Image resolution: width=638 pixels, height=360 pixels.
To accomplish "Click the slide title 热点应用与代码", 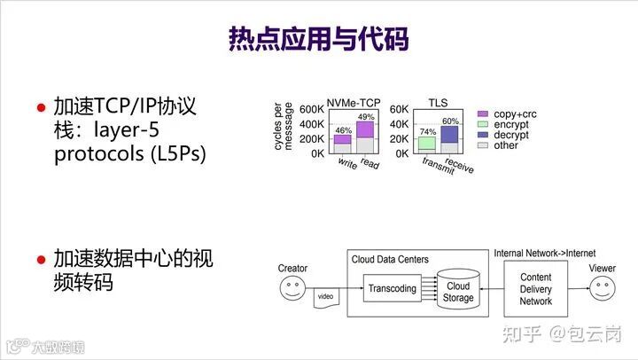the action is click(319, 39).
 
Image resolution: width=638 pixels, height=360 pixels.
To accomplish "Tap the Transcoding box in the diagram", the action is click(392, 288).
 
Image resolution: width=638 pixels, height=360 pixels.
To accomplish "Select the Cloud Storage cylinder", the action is click(458, 290).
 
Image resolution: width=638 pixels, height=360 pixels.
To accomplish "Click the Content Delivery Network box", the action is click(535, 289).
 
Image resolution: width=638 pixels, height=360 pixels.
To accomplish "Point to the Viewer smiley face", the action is click(603, 289).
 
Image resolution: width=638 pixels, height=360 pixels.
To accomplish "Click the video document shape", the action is click(326, 297).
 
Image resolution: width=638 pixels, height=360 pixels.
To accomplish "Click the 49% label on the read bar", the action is click(366, 117).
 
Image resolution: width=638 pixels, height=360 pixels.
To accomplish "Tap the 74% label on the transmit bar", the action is click(427, 131).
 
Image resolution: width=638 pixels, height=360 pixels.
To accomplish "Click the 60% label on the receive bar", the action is click(450, 121).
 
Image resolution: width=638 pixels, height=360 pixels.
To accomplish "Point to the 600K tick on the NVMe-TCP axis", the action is click(311, 109).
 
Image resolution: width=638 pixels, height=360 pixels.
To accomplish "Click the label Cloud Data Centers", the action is click(390, 260).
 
